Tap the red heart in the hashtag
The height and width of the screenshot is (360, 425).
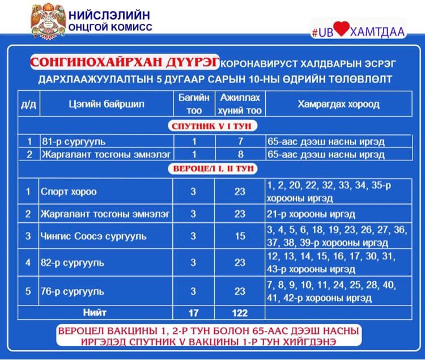point(341,30)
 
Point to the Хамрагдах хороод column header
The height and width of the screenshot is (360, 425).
point(339,104)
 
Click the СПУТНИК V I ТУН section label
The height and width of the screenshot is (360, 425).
point(211,125)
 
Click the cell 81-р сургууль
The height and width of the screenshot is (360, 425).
point(73,141)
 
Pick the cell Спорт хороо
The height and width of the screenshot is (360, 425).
point(68,192)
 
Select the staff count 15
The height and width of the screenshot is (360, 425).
point(240,236)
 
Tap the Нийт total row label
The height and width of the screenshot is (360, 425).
point(95,312)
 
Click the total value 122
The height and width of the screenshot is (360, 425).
point(240,312)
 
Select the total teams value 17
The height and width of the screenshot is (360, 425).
point(193,312)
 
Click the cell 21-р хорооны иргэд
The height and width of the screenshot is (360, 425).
point(311,214)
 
